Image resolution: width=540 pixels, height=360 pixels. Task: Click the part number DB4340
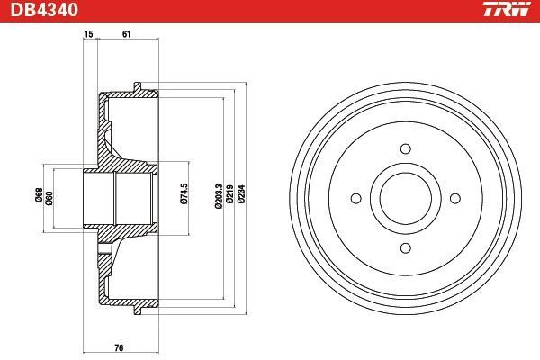click(x=44, y=9)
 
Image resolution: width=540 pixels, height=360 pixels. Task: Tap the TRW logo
click(x=507, y=9)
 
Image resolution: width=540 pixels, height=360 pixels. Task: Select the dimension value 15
click(x=88, y=34)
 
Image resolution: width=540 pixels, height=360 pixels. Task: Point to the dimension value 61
click(x=126, y=34)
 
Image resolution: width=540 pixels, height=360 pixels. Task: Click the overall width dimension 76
click(x=119, y=348)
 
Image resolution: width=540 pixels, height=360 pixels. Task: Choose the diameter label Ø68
click(x=40, y=194)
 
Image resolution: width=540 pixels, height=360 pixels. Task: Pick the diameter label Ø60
click(x=49, y=198)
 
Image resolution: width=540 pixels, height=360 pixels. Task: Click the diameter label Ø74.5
click(x=184, y=194)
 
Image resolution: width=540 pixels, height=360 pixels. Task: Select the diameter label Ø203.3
click(x=219, y=196)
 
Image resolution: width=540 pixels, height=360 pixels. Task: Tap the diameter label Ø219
click(x=229, y=194)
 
